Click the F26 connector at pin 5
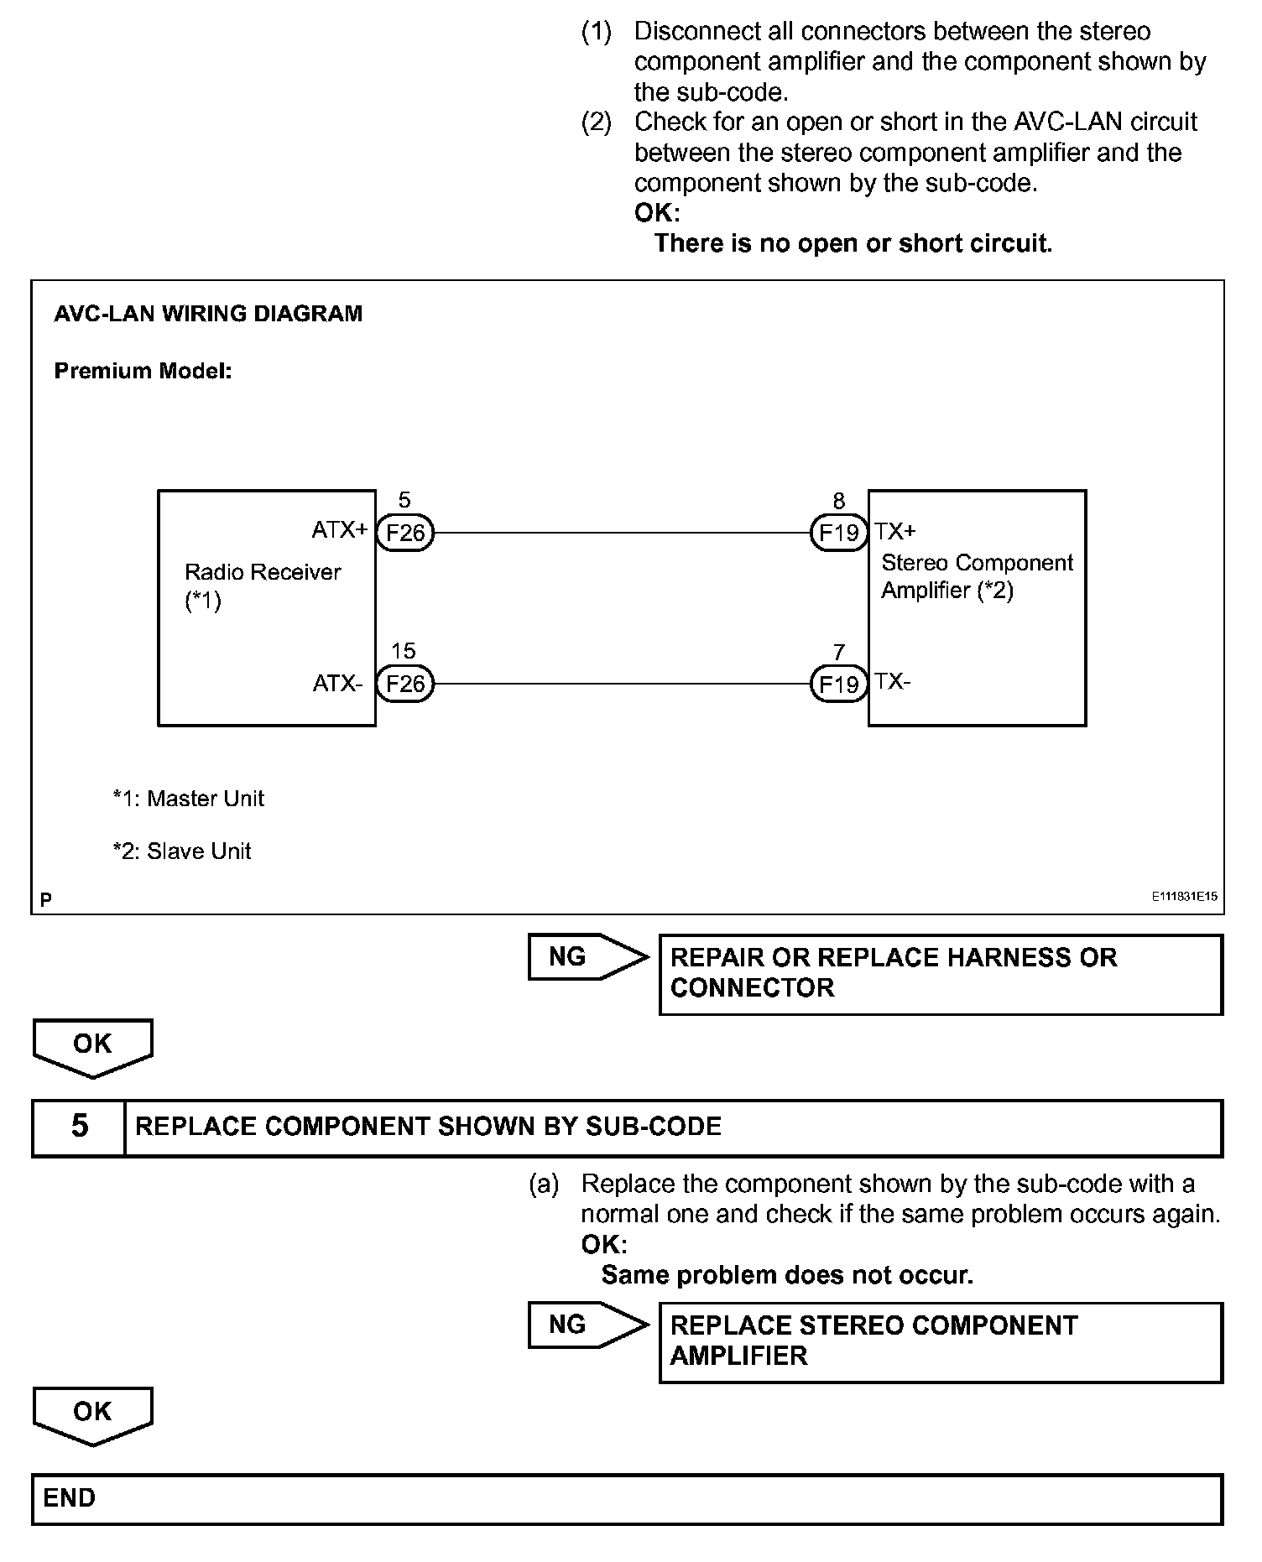click(x=405, y=533)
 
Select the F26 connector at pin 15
click(x=405, y=684)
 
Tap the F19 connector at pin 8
click(x=838, y=533)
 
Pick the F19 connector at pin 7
click(x=838, y=685)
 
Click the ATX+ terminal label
click(x=339, y=530)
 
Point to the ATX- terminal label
click(x=337, y=684)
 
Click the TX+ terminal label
click(x=895, y=531)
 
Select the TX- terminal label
click(x=893, y=681)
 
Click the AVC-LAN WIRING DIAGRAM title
click(x=208, y=314)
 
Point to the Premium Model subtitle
click(x=143, y=371)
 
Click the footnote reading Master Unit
click(x=189, y=799)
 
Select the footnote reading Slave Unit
click(x=182, y=851)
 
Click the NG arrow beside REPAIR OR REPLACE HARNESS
click(x=587, y=957)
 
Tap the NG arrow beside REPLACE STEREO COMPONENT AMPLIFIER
click(x=587, y=1325)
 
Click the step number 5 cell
click(x=79, y=1127)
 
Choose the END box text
click(x=70, y=1498)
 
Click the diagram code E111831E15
click(x=1184, y=897)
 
